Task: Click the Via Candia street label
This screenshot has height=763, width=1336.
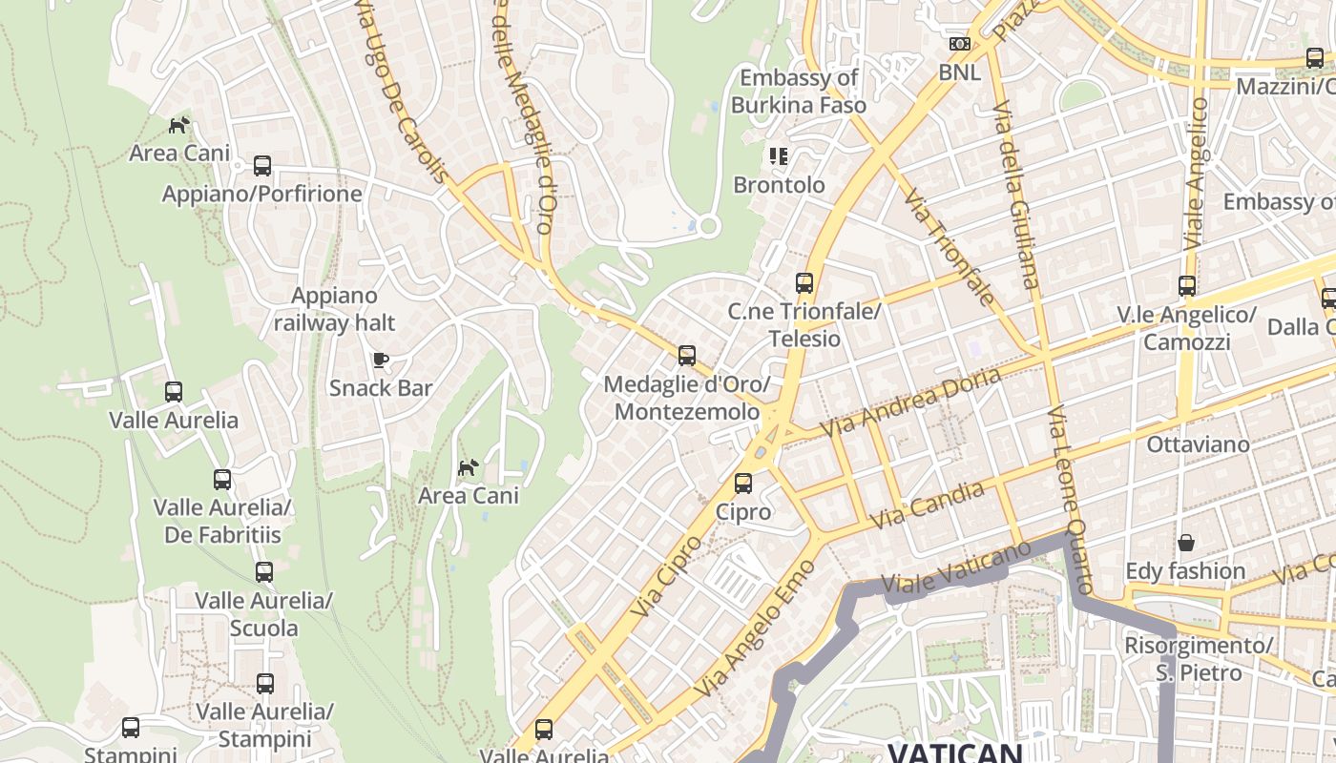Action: click(x=929, y=506)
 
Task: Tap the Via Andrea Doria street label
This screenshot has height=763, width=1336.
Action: click(x=911, y=402)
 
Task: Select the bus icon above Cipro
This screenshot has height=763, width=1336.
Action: click(x=743, y=484)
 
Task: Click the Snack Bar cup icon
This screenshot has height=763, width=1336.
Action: click(x=381, y=360)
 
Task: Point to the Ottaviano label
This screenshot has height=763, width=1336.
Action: click(x=1198, y=444)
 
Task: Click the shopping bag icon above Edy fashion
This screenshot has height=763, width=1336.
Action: click(x=1185, y=543)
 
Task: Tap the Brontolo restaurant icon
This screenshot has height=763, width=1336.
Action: click(x=779, y=155)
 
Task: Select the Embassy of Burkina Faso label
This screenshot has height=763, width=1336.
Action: click(x=799, y=92)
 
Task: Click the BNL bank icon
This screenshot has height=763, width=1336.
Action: click(x=959, y=44)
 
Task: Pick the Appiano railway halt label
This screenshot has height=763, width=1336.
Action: click(x=334, y=310)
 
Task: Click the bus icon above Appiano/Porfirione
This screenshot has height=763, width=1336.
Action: click(x=262, y=166)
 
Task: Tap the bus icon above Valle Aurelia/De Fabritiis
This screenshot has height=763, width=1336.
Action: click(x=222, y=480)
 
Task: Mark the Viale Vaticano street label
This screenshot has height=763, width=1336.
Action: click(x=956, y=568)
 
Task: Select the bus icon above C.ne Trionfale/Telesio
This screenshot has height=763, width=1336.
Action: click(x=804, y=283)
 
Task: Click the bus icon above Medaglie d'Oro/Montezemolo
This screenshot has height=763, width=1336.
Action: click(x=687, y=356)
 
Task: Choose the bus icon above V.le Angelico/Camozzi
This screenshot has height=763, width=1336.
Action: click(x=1187, y=286)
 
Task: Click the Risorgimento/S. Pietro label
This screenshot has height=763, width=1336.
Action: click(x=1198, y=659)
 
